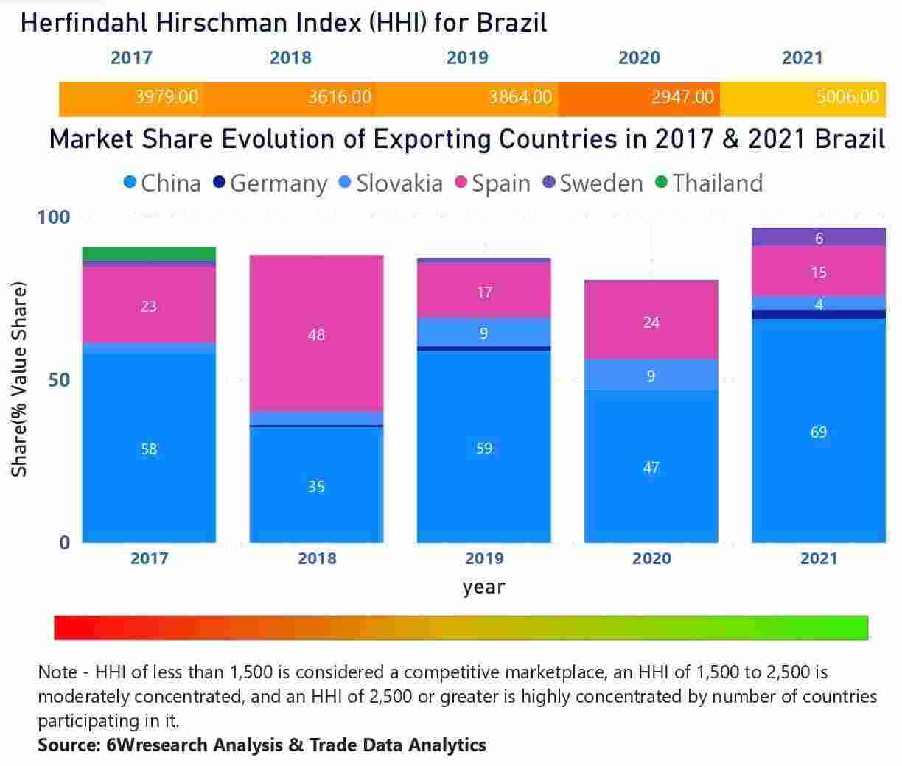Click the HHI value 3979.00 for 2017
167,97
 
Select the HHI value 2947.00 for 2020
682,97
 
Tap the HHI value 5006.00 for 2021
847,97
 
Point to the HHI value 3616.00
339,97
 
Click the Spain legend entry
493,183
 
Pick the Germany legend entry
270,183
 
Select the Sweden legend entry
593,183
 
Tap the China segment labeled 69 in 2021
819,432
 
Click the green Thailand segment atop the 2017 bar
149,254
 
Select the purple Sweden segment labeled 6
819,237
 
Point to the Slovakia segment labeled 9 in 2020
651,376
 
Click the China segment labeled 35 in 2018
316,485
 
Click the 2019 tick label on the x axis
484,558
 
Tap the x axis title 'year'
484,587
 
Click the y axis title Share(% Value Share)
19,379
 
